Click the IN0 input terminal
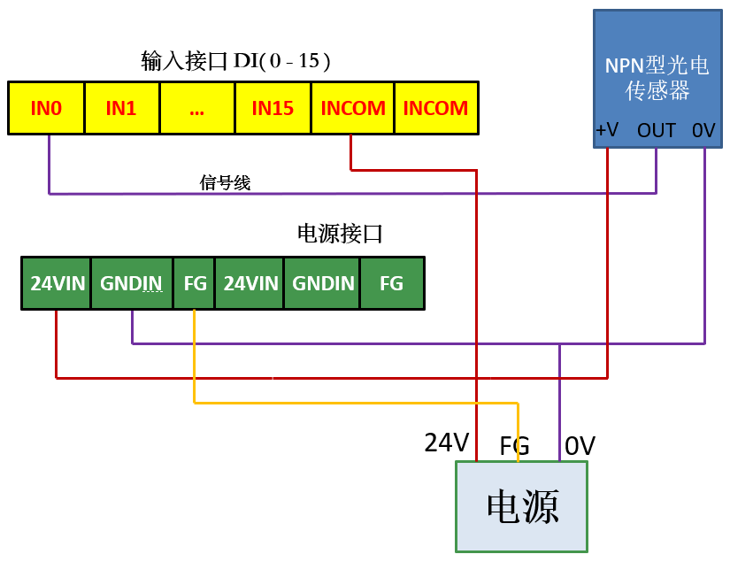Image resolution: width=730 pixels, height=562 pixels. click(x=46, y=109)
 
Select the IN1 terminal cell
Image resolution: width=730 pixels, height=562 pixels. click(x=121, y=109)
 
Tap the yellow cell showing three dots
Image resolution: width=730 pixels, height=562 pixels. click(x=196, y=109)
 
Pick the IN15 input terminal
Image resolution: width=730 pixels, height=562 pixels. click(x=273, y=109)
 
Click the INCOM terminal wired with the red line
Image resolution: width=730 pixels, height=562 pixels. click(x=353, y=109)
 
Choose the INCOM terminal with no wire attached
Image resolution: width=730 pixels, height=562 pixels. click(x=435, y=109)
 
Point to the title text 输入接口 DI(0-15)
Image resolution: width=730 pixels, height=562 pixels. click(x=236, y=61)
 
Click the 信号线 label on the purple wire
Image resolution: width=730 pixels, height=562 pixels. click(x=226, y=183)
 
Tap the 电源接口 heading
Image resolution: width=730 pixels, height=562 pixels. click(x=340, y=234)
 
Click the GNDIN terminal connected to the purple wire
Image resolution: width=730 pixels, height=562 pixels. click(x=131, y=284)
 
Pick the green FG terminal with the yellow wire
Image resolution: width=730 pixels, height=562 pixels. click(x=195, y=284)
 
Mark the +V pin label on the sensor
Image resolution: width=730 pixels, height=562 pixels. click(x=607, y=131)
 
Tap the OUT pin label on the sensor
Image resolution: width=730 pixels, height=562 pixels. click(x=657, y=131)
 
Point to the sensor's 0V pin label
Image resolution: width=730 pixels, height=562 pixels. click(x=703, y=131)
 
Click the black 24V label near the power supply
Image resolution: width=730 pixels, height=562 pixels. click(x=447, y=443)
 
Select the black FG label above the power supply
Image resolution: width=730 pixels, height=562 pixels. click(x=514, y=445)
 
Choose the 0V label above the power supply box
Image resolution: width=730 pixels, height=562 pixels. click(x=580, y=446)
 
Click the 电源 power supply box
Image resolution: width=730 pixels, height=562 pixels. click(x=522, y=506)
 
